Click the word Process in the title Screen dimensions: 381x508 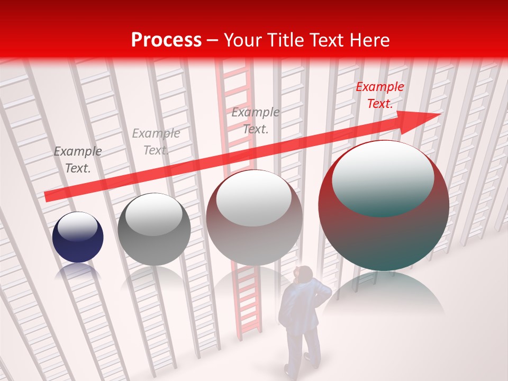pyautogui.click(x=166, y=40)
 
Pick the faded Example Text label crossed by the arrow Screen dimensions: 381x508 pyautogui.click(x=156, y=142)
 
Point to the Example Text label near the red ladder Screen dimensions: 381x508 pyautogui.click(x=256, y=120)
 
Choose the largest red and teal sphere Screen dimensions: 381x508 pyautogui.click(x=384, y=222)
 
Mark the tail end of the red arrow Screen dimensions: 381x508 pyautogui.click(x=48, y=196)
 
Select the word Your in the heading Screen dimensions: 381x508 pyautogui.click(x=241, y=40)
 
